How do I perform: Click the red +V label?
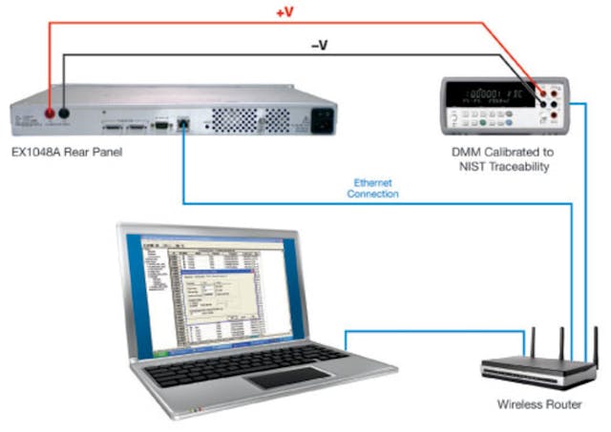point(285,14)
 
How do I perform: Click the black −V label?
point(319,44)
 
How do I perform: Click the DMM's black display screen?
point(496,95)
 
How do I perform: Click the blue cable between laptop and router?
point(430,331)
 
